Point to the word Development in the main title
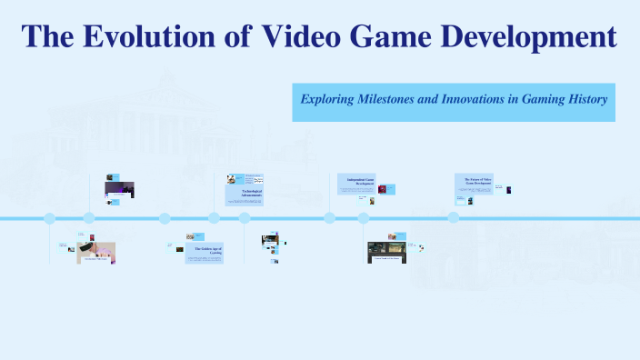pos(535,37)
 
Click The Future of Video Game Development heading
pos(473,182)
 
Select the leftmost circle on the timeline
pos(50,218)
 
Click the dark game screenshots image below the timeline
pos(386,249)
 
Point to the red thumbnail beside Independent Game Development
pos(383,189)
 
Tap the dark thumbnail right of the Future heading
pos(508,189)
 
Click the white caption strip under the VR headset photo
pos(96,260)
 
